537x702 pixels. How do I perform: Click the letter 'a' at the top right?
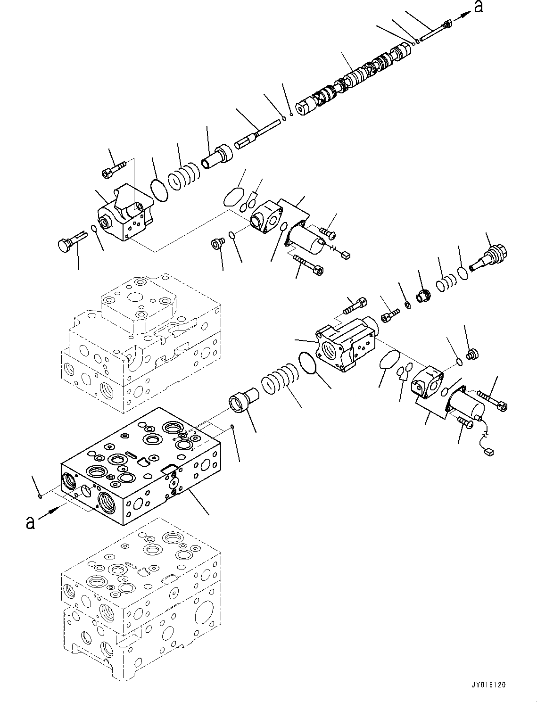479,7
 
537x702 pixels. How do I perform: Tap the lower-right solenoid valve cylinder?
467,406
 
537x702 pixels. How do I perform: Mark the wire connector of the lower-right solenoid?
489,452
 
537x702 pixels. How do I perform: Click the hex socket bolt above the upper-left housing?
113,169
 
